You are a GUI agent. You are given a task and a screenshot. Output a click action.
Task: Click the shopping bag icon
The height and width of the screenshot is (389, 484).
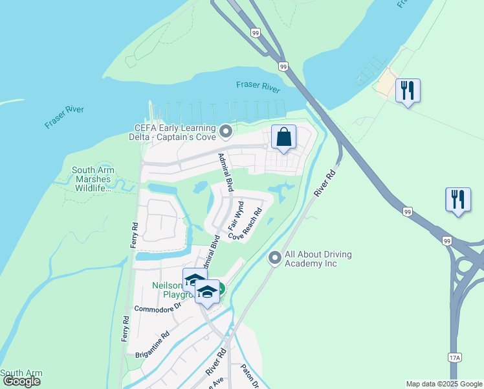(283, 137)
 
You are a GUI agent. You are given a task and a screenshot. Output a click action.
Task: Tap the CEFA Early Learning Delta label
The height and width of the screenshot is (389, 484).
(174, 132)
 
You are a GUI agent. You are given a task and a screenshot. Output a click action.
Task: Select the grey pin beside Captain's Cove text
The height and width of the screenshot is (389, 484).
(226, 132)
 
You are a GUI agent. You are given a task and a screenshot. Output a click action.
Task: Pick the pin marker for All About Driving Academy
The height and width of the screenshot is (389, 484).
(274, 259)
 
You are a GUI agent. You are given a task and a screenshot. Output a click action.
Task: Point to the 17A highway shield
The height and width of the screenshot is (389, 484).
(455, 357)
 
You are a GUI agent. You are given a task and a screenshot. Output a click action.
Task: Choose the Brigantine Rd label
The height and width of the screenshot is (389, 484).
(153, 344)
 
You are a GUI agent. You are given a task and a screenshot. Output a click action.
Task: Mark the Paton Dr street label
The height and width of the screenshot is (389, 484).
(250, 376)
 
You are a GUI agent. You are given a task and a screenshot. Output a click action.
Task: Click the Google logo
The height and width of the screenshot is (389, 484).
(21, 381)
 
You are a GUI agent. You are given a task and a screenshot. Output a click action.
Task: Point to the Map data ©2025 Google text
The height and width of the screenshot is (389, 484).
(444, 384)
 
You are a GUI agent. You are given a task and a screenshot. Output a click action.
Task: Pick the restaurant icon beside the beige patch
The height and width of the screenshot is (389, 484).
(408, 90)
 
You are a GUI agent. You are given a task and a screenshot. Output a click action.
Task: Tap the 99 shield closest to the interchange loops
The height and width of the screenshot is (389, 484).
(446, 241)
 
